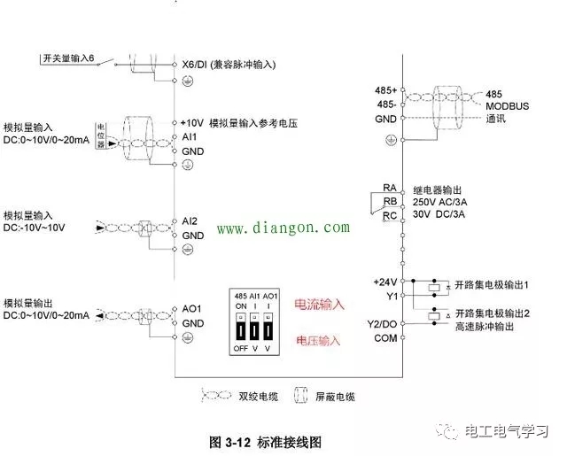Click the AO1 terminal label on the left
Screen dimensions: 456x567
(192, 309)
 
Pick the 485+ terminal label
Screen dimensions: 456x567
(386, 90)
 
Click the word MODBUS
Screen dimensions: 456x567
(507, 105)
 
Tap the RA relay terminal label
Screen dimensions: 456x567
(390, 187)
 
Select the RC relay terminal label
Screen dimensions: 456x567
(390, 216)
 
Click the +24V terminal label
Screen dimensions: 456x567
(386, 282)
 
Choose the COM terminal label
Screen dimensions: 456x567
(385, 337)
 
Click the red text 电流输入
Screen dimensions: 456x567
(320, 304)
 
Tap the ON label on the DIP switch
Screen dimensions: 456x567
(241, 305)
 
